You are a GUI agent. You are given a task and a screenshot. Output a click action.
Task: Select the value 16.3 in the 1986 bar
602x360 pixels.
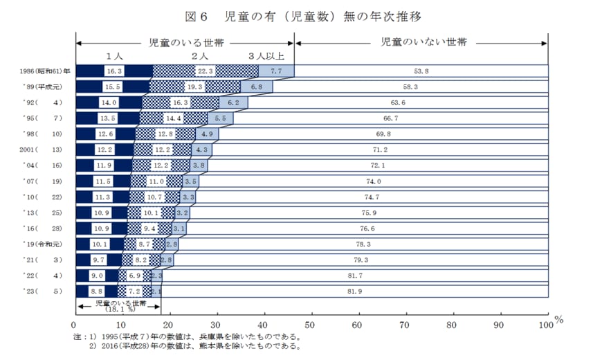pos(114,71)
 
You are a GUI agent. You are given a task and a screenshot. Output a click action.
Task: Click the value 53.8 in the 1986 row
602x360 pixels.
pos(421,71)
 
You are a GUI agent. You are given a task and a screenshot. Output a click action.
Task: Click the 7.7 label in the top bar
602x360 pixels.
pos(276,71)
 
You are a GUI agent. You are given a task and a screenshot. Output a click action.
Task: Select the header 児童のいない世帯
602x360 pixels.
pos(423,42)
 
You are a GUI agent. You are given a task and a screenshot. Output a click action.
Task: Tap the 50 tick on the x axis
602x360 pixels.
pos(311,323)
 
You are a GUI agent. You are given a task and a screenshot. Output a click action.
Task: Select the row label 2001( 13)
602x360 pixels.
pos(44,149)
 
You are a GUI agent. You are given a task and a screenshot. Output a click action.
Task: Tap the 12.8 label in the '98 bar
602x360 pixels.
pos(165,134)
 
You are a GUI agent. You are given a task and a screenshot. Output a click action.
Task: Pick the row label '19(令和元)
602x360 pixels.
pos(44,244)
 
